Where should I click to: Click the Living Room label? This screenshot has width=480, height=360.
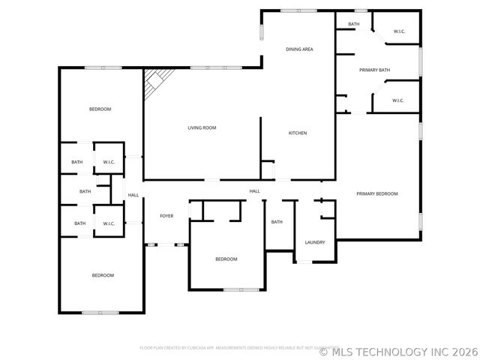[202, 128]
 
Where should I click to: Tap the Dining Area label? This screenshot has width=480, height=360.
[299, 49]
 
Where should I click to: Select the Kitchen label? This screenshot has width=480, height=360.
[298, 133]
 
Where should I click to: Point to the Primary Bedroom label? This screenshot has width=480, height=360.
[376, 194]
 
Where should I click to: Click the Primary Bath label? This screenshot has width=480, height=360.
[374, 70]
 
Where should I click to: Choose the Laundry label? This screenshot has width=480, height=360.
[315, 242]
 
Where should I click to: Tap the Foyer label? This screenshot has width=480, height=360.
[166, 216]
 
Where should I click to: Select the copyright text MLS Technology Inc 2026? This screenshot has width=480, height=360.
[398, 350]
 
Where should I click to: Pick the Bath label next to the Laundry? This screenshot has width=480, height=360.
[277, 222]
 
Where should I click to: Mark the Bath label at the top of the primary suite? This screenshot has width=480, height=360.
[354, 25]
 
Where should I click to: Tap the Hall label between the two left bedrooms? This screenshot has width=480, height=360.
[133, 196]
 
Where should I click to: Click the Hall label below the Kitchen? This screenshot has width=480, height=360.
[255, 191]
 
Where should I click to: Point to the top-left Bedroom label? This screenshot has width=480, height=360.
[100, 109]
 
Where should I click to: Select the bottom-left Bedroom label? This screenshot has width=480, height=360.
[103, 275]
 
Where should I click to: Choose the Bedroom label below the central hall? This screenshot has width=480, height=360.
[226, 259]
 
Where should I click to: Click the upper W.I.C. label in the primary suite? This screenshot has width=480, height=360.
[399, 31]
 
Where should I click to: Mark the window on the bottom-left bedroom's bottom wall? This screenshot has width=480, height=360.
[100, 312]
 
